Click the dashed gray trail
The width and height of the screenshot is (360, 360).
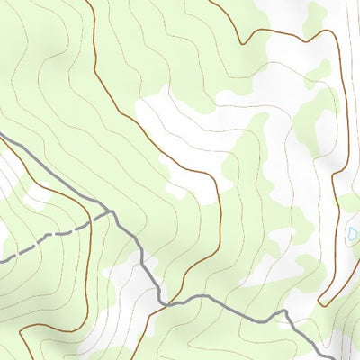click(x=54, y=235)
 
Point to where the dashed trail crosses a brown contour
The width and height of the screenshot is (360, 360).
click(x=91, y=223)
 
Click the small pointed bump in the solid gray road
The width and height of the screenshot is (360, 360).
click(x=283, y=311)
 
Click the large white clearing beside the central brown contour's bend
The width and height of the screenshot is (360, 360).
click(x=180, y=135)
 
